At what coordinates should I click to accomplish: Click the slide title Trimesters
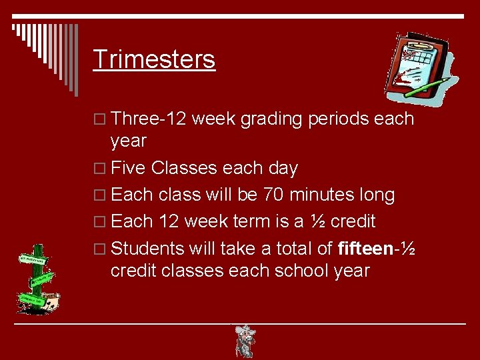pos(154,59)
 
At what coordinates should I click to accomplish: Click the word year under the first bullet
pos(128,141)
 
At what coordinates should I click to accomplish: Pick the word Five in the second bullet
pos(128,168)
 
